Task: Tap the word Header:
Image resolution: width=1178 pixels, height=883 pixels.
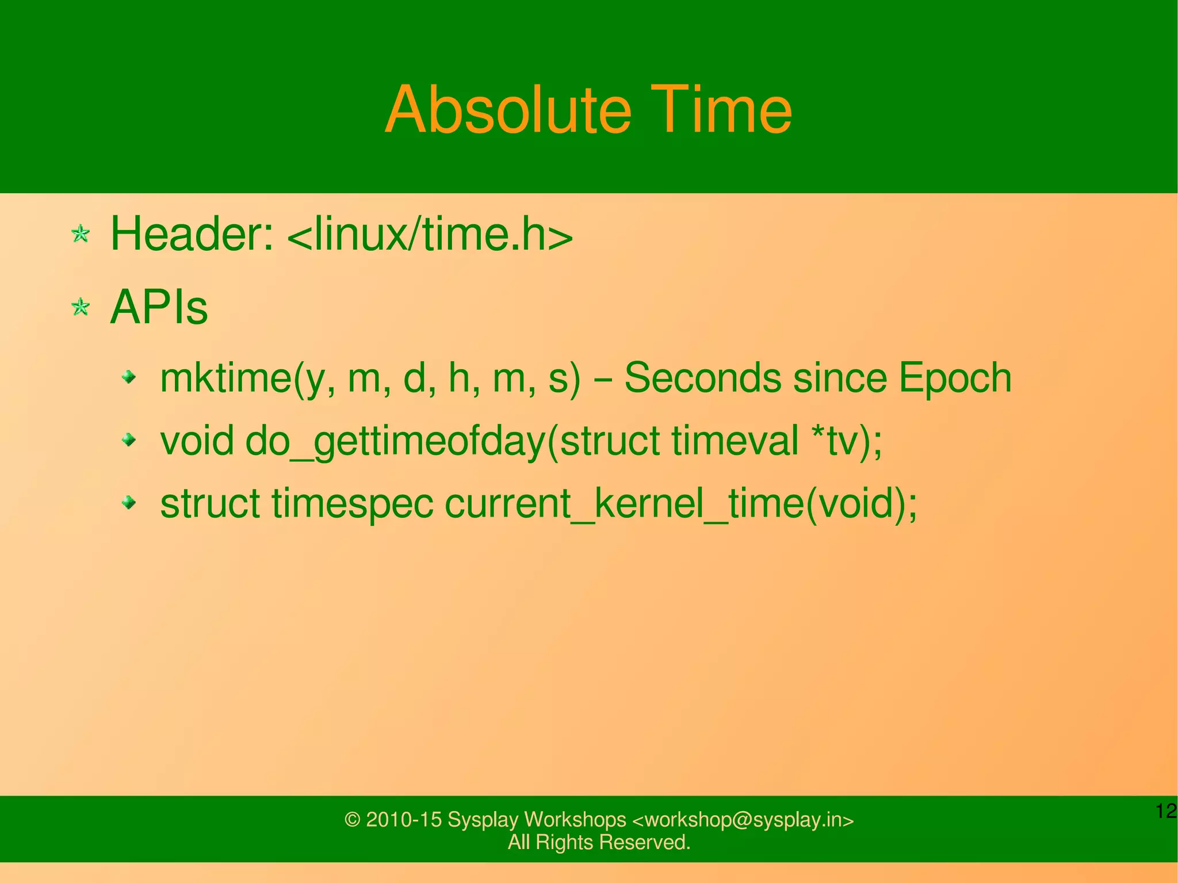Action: [192, 234]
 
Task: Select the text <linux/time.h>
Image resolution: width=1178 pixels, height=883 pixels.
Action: [430, 234]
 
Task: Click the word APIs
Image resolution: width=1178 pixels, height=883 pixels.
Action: [159, 308]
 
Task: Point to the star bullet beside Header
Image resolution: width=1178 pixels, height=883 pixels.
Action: [81, 234]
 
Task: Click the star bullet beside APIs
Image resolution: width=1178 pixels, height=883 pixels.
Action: [81, 307]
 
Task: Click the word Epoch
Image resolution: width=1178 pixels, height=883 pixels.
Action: [955, 378]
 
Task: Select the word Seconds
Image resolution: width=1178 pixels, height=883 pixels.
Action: [702, 378]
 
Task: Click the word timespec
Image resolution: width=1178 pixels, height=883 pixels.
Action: [353, 504]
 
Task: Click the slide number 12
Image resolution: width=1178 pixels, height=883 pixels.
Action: [1166, 811]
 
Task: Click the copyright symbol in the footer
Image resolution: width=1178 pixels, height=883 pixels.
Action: [352, 820]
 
